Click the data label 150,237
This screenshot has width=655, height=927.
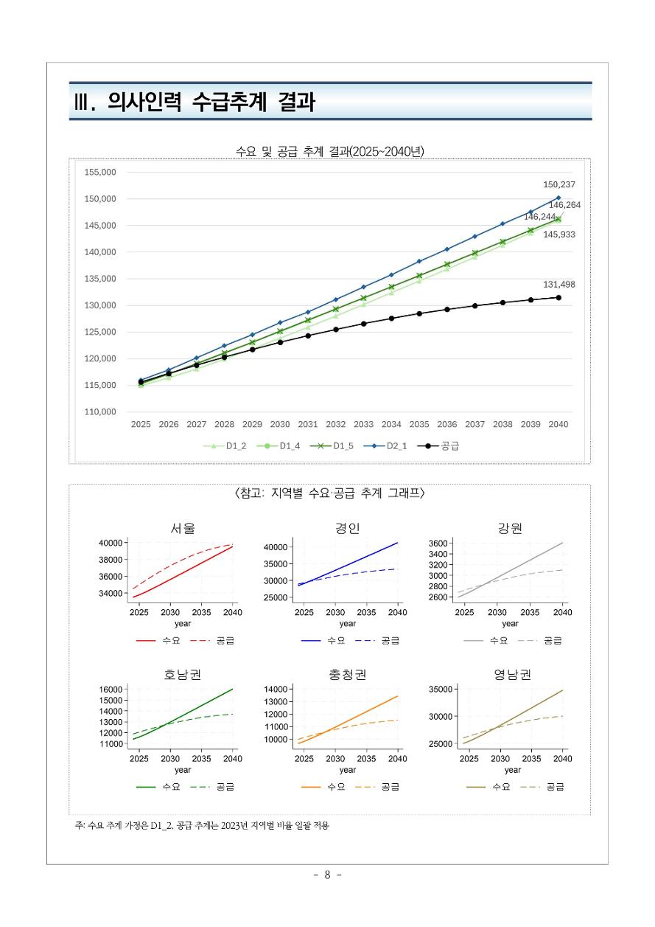(558, 185)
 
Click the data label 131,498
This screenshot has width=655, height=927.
(558, 285)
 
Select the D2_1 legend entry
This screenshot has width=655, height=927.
(388, 445)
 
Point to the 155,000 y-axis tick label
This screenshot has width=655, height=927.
(101, 173)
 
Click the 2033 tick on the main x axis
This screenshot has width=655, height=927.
(363, 425)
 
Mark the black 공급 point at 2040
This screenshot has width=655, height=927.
(558, 298)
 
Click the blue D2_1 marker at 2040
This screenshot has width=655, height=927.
(558, 198)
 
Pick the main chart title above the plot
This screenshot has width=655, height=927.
(329, 151)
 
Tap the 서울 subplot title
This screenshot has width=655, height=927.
(183, 528)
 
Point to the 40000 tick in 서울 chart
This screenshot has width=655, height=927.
(110, 543)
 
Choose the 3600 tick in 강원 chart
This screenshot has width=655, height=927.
(436, 544)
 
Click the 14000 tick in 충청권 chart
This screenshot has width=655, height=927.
(274, 689)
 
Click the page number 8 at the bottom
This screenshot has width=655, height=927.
(327, 875)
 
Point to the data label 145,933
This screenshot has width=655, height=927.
(559, 235)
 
